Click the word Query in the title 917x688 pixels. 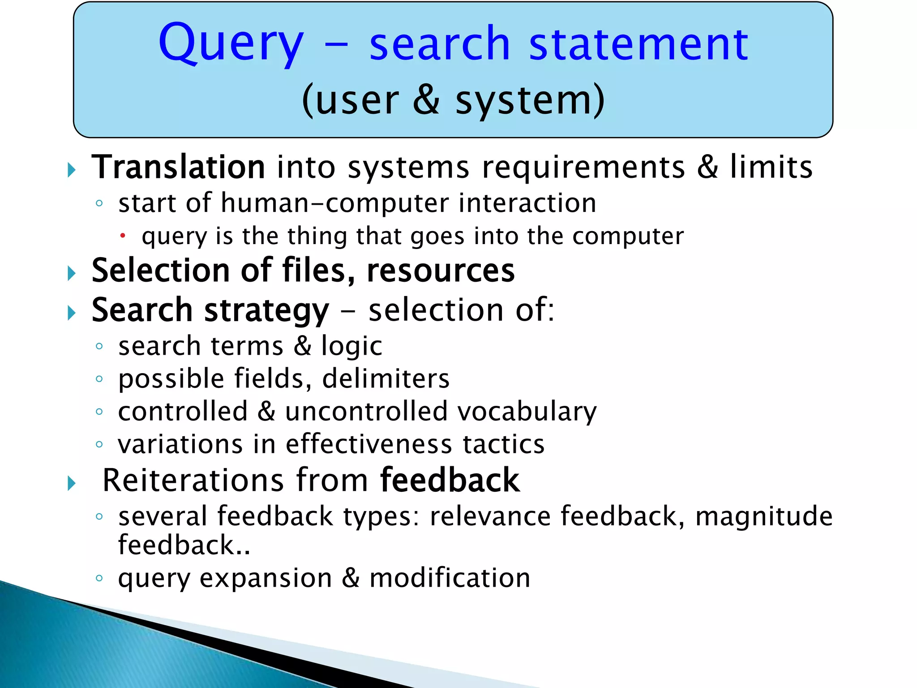(231, 44)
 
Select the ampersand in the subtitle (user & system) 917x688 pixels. (426, 100)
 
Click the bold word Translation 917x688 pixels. (178, 167)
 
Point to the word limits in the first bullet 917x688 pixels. (771, 167)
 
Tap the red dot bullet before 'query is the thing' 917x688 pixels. (123, 235)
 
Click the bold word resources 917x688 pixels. (441, 271)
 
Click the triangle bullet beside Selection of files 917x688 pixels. (72, 273)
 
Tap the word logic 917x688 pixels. (351, 346)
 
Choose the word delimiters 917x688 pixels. (386, 379)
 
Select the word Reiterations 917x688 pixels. (193, 480)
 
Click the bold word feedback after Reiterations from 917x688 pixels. (450, 480)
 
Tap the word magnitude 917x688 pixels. (763, 516)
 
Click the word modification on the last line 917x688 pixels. (450, 578)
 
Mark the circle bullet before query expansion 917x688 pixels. (99, 578)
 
